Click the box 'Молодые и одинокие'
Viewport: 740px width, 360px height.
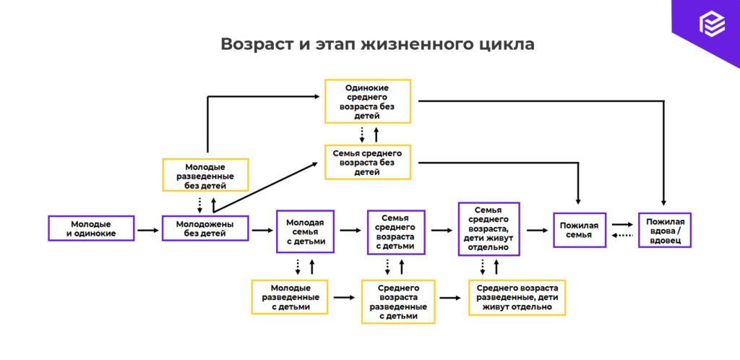click(x=91, y=228)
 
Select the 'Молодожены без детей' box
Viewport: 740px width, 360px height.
click(x=205, y=228)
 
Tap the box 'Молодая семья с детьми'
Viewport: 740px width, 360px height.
click(x=305, y=231)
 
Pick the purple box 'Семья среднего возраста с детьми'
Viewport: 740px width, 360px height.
click(x=397, y=231)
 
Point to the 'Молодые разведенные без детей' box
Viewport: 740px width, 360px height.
click(x=205, y=175)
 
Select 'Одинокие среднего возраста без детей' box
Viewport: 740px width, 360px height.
click(x=368, y=101)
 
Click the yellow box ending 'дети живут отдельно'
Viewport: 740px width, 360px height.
click(x=517, y=297)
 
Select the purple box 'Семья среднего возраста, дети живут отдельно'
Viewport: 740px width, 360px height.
click(x=489, y=228)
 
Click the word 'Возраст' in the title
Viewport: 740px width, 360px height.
click(x=254, y=44)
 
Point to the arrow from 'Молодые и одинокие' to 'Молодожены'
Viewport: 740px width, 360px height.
click(x=147, y=231)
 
